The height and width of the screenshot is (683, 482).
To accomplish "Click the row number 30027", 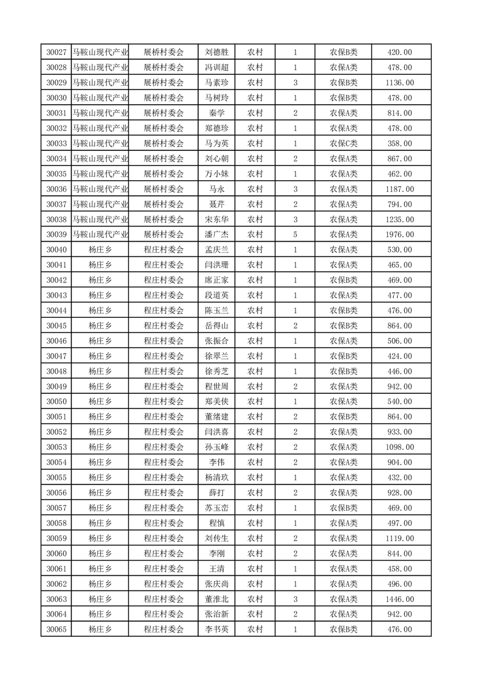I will [57, 52].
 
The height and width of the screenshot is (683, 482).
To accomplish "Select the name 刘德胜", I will [216, 52].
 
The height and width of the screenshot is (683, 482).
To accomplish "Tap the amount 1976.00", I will [399, 234].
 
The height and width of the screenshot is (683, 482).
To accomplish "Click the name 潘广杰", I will [216, 234].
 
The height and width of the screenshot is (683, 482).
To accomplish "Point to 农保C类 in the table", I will [343, 144].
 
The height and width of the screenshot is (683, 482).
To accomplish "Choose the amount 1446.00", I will [399, 599].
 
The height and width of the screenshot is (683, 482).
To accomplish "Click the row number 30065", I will [57, 629].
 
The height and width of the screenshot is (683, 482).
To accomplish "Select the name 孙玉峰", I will [216, 447].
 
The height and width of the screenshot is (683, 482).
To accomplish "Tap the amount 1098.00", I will [399, 447].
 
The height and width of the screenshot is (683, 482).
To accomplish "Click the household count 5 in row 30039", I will [295, 234].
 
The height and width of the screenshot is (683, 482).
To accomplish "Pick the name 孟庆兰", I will [216, 250].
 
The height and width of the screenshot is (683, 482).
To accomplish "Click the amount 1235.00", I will [399, 219].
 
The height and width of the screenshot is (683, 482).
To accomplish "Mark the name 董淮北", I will [216, 599].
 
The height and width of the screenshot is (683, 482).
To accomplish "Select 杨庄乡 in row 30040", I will [100, 250].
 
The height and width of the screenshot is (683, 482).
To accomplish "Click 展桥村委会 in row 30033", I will [164, 144].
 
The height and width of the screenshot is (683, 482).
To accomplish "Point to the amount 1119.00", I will [399, 538].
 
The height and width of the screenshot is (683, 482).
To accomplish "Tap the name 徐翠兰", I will [216, 356].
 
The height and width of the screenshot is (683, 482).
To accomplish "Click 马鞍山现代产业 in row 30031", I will [100, 113].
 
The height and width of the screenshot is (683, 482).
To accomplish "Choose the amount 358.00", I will [399, 144].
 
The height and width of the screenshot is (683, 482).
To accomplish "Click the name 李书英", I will [216, 629].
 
